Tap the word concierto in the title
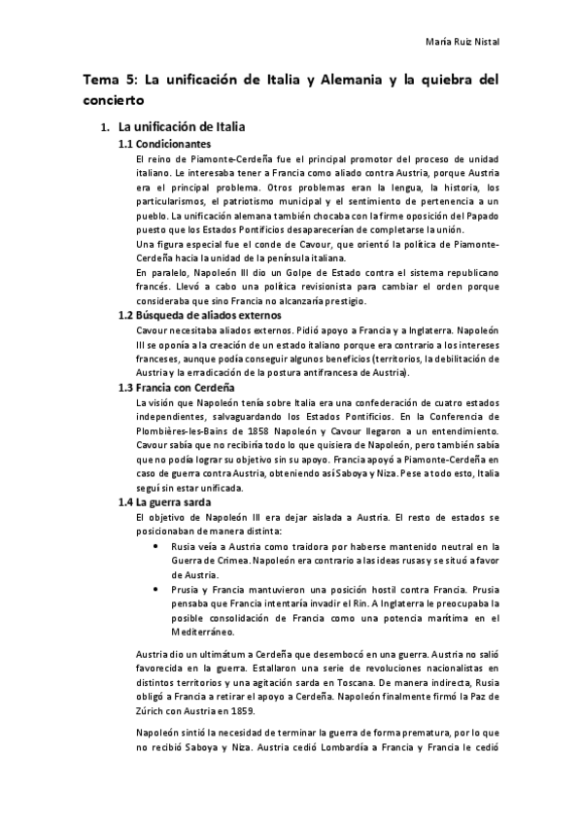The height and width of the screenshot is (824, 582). point(114,99)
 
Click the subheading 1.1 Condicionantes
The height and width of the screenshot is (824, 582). point(164,144)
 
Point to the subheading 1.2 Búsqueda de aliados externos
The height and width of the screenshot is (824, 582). point(199,315)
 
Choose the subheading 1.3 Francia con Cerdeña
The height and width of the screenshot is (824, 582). point(173,387)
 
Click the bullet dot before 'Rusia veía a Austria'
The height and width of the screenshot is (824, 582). point(157,546)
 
